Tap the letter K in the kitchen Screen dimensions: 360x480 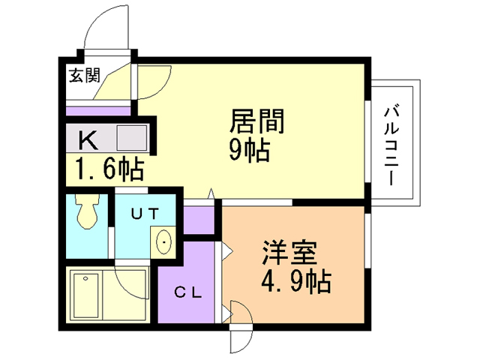88,139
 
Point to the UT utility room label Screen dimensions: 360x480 145,213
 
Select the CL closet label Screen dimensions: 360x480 187,292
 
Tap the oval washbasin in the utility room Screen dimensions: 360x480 164,241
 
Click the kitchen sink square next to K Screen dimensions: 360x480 132,139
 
